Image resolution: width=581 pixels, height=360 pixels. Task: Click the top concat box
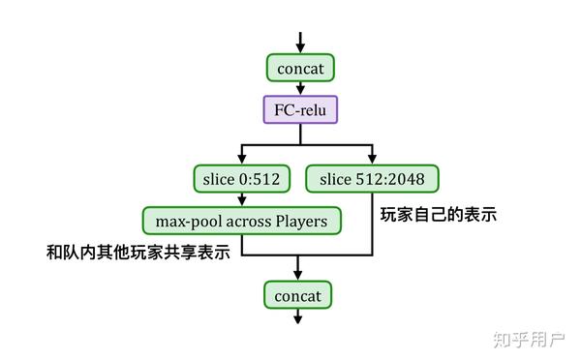300,68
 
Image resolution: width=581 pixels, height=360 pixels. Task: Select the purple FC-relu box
300,109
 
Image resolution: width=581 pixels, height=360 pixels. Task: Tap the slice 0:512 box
242,179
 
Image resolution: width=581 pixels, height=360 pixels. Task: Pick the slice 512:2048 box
372,179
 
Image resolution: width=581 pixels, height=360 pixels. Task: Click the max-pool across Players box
242,220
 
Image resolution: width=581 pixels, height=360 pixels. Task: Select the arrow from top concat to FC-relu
300,88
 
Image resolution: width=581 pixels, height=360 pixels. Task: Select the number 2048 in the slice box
407,179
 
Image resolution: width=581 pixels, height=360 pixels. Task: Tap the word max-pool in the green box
184,220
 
